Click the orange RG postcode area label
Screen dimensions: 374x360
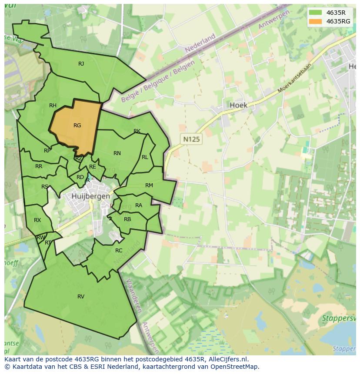click(77, 126)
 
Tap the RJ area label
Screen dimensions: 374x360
click(81, 64)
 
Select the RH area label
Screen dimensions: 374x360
click(53, 106)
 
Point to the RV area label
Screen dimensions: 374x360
click(81, 296)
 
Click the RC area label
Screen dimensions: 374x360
click(119, 251)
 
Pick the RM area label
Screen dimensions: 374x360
click(149, 185)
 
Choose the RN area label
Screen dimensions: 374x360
click(117, 153)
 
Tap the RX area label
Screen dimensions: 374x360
click(37, 220)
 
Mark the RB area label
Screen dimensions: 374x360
click(127, 219)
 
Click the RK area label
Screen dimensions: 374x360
click(137, 131)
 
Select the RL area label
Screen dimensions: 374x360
click(145, 157)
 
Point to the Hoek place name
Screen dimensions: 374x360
click(238, 105)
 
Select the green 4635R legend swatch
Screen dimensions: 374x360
click(316, 12)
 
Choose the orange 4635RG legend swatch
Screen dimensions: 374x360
click(316, 21)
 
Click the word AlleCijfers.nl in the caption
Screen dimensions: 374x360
click(226, 359)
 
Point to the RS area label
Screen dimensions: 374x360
click(45, 187)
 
